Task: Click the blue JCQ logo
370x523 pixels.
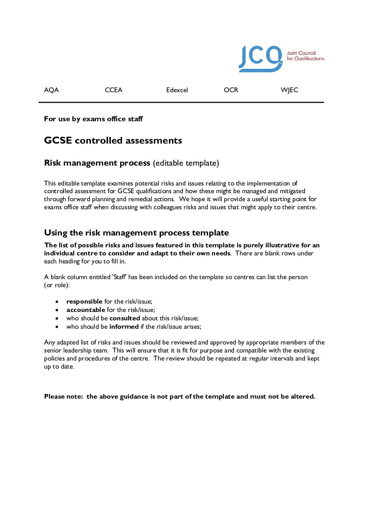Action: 260,58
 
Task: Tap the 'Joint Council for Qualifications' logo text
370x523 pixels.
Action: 305,56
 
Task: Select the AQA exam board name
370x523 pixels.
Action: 51,90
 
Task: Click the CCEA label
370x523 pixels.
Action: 114,90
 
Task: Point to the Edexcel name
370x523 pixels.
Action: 177,90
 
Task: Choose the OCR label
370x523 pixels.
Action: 231,90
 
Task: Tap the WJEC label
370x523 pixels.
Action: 289,90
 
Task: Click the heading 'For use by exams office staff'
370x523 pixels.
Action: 93,119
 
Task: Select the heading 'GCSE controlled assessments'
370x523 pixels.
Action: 113,140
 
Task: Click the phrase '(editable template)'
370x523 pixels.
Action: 186,163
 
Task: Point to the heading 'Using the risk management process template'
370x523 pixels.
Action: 136,233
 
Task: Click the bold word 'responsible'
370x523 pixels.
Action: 84,302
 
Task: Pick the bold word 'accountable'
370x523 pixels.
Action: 86,310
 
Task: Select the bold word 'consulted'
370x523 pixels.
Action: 124,318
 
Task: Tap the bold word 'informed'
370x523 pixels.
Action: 124,327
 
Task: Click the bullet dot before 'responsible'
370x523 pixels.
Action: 57,302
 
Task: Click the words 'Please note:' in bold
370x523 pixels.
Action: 64,397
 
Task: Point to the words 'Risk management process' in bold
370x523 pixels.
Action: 97,163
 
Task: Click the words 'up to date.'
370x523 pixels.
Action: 59,367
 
